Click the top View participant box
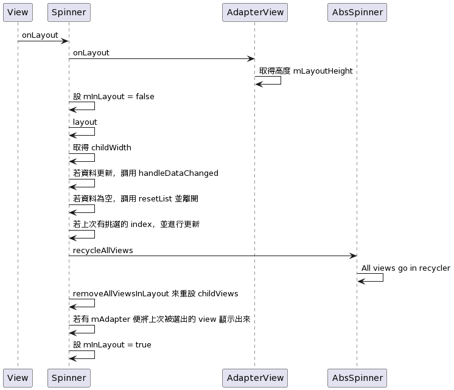(18, 12)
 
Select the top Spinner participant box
(69, 12)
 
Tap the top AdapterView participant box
(255, 12)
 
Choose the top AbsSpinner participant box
(357, 12)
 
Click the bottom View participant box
(18, 378)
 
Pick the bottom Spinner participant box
(69, 378)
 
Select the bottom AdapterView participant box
(255, 378)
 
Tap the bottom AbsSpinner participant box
(357, 378)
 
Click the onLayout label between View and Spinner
(40, 35)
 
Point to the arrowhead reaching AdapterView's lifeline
(251, 59)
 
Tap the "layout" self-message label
(85, 122)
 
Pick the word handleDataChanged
(178, 173)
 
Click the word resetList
(155, 198)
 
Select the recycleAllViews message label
(103, 251)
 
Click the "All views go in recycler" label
(406, 268)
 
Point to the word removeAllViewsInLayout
(120, 294)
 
